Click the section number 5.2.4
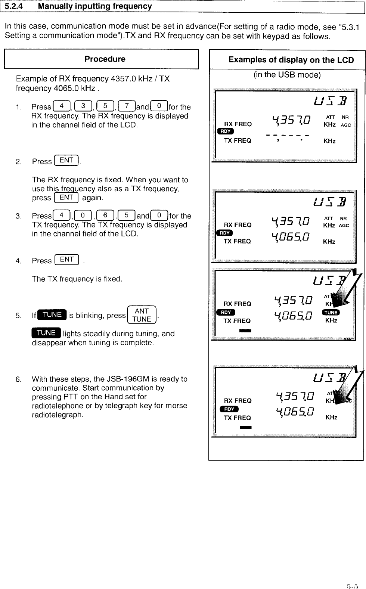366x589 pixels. click(14, 6)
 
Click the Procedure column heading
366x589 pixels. click(105, 59)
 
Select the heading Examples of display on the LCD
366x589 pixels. click(291, 60)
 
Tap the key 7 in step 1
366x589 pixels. click(127, 106)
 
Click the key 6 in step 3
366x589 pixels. click(105, 216)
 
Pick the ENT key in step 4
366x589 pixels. click(67, 260)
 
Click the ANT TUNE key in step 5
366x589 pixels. click(142, 315)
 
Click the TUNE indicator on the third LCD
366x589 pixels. click(331, 312)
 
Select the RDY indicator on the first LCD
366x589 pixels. click(225, 131)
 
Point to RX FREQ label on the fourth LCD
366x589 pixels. click(238, 401)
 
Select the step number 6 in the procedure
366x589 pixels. click(18, 379)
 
